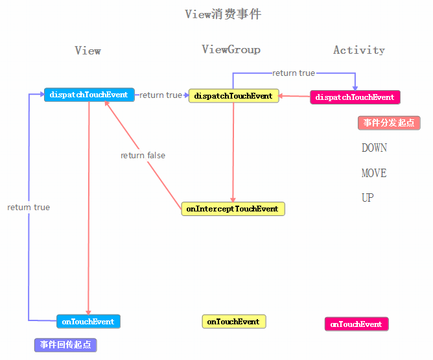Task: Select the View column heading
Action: click(x=88, y=51)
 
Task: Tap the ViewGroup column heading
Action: click(x=231, y=49)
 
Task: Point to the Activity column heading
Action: click(x=358, y=50)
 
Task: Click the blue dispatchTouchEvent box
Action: click(x=89, y=95)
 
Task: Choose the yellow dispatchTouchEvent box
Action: click(x=233, y=96)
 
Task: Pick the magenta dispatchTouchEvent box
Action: click(x=355, y=97)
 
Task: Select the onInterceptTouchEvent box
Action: click(x=232, y=209)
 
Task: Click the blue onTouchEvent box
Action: click(x=88, y=321)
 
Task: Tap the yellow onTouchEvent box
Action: click(x=233, y=322)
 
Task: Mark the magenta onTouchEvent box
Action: click(x=356, y=324)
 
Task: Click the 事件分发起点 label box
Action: click(x=388, y=123)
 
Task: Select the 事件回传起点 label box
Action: click(x=65, y=344)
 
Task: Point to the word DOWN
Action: click(x=374, y=148)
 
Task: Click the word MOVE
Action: click(x=374, y=173)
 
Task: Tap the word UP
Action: click(x=368, y=198)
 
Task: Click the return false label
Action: click(x=143, y=156)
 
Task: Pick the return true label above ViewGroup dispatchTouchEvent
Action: click(x=293, y=73)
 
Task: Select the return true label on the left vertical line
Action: click(x=29, y=208)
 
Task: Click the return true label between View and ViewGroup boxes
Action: click(x=161, y=95)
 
